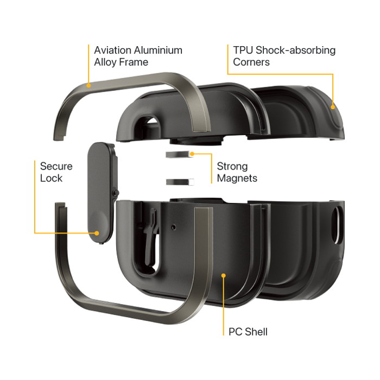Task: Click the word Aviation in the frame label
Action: click(x=112, y=50)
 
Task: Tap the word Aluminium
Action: click(x=159, y=50)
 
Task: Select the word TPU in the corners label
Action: click(x=243, y=50)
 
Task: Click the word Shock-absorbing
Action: click(x=296, y=50)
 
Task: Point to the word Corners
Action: click(x=251, y=62)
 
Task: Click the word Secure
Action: click(x=56, y=166)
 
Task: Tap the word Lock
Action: click(x=51, y=178)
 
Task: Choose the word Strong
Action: click(x=232, y=167)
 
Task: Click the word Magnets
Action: click(x=237, y=178)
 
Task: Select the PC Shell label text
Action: click(x=248, y=332)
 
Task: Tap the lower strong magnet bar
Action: click(x=180, y=182)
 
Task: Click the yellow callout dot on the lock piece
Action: click(x=97, y=233)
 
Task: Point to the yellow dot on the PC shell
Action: click(x=224, y=276)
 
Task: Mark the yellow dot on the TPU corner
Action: click(x=333, y=107)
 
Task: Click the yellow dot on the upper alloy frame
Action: click(x=88, y=85)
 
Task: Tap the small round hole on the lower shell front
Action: click(x=173, y=227)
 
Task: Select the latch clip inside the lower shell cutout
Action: click(x=150, y=237)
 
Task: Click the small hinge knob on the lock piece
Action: click(x=116, y=193)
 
